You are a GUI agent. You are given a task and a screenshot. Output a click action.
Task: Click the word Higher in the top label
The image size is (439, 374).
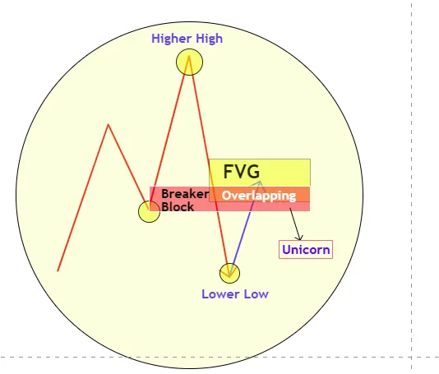pos(170,39)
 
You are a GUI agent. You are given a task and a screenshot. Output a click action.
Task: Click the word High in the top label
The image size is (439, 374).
pos(208,39)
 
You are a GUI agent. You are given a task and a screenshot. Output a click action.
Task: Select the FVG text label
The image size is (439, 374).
pos(242,171)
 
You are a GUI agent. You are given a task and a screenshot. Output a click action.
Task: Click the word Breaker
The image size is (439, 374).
pos(185,194)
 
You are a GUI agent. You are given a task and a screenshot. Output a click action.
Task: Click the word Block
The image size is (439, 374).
pos(178,207)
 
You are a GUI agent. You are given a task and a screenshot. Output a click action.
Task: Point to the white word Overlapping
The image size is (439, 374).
pos(259,196)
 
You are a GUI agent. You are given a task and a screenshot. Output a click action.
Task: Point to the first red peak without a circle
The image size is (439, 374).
pos(109,125)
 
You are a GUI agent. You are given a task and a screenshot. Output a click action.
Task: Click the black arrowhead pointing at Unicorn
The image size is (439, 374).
pos(299,238)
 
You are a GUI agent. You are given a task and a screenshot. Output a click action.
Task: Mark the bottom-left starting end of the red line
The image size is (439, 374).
pos(58,270)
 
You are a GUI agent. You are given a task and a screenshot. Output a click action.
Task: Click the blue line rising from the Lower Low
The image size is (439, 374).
pos(245,229)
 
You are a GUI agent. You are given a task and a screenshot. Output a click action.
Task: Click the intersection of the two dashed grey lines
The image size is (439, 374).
pos(412,358)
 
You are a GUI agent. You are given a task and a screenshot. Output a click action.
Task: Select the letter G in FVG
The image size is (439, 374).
pos(254,171)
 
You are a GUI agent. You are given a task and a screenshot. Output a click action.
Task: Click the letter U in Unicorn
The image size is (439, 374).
pos(286,249)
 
